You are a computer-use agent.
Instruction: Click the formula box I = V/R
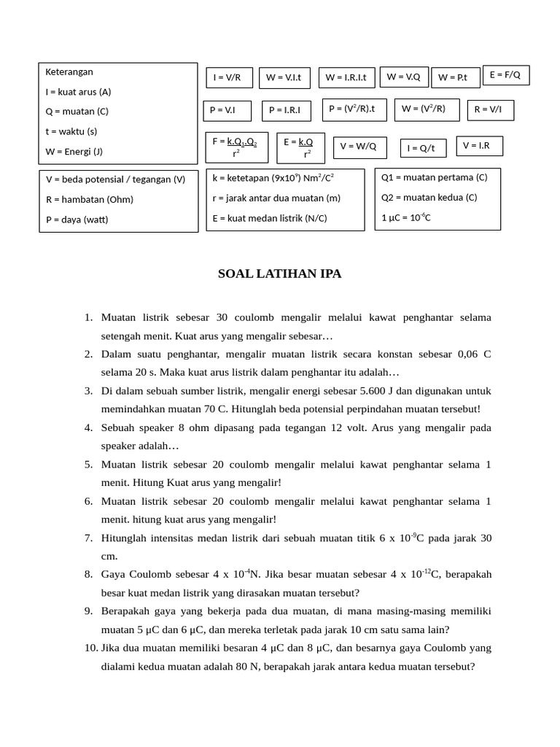[x=227, y=77]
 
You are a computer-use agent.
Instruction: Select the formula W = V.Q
[x=404, y=77]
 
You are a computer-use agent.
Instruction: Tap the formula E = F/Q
[x=505, y=75]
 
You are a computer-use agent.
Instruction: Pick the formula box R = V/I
[x=489, y=110]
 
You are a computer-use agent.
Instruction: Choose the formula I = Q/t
[x=422, y=148]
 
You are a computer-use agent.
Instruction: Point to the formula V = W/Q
[x=359, y=147]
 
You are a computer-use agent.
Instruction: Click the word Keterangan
[x=69, y=72]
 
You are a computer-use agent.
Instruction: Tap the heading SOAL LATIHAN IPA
[x=279, y=274]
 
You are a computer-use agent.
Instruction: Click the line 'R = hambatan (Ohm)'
[x=90, y=199]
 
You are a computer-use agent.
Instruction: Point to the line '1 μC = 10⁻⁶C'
[x=406, y=217]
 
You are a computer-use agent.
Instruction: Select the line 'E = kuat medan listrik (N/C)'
[x=270, y=218]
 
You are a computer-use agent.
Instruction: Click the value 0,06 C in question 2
[x=474, y=355]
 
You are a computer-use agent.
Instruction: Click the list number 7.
[x=88, y=538]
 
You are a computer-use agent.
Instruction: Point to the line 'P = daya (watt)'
[x=77, y=220]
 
